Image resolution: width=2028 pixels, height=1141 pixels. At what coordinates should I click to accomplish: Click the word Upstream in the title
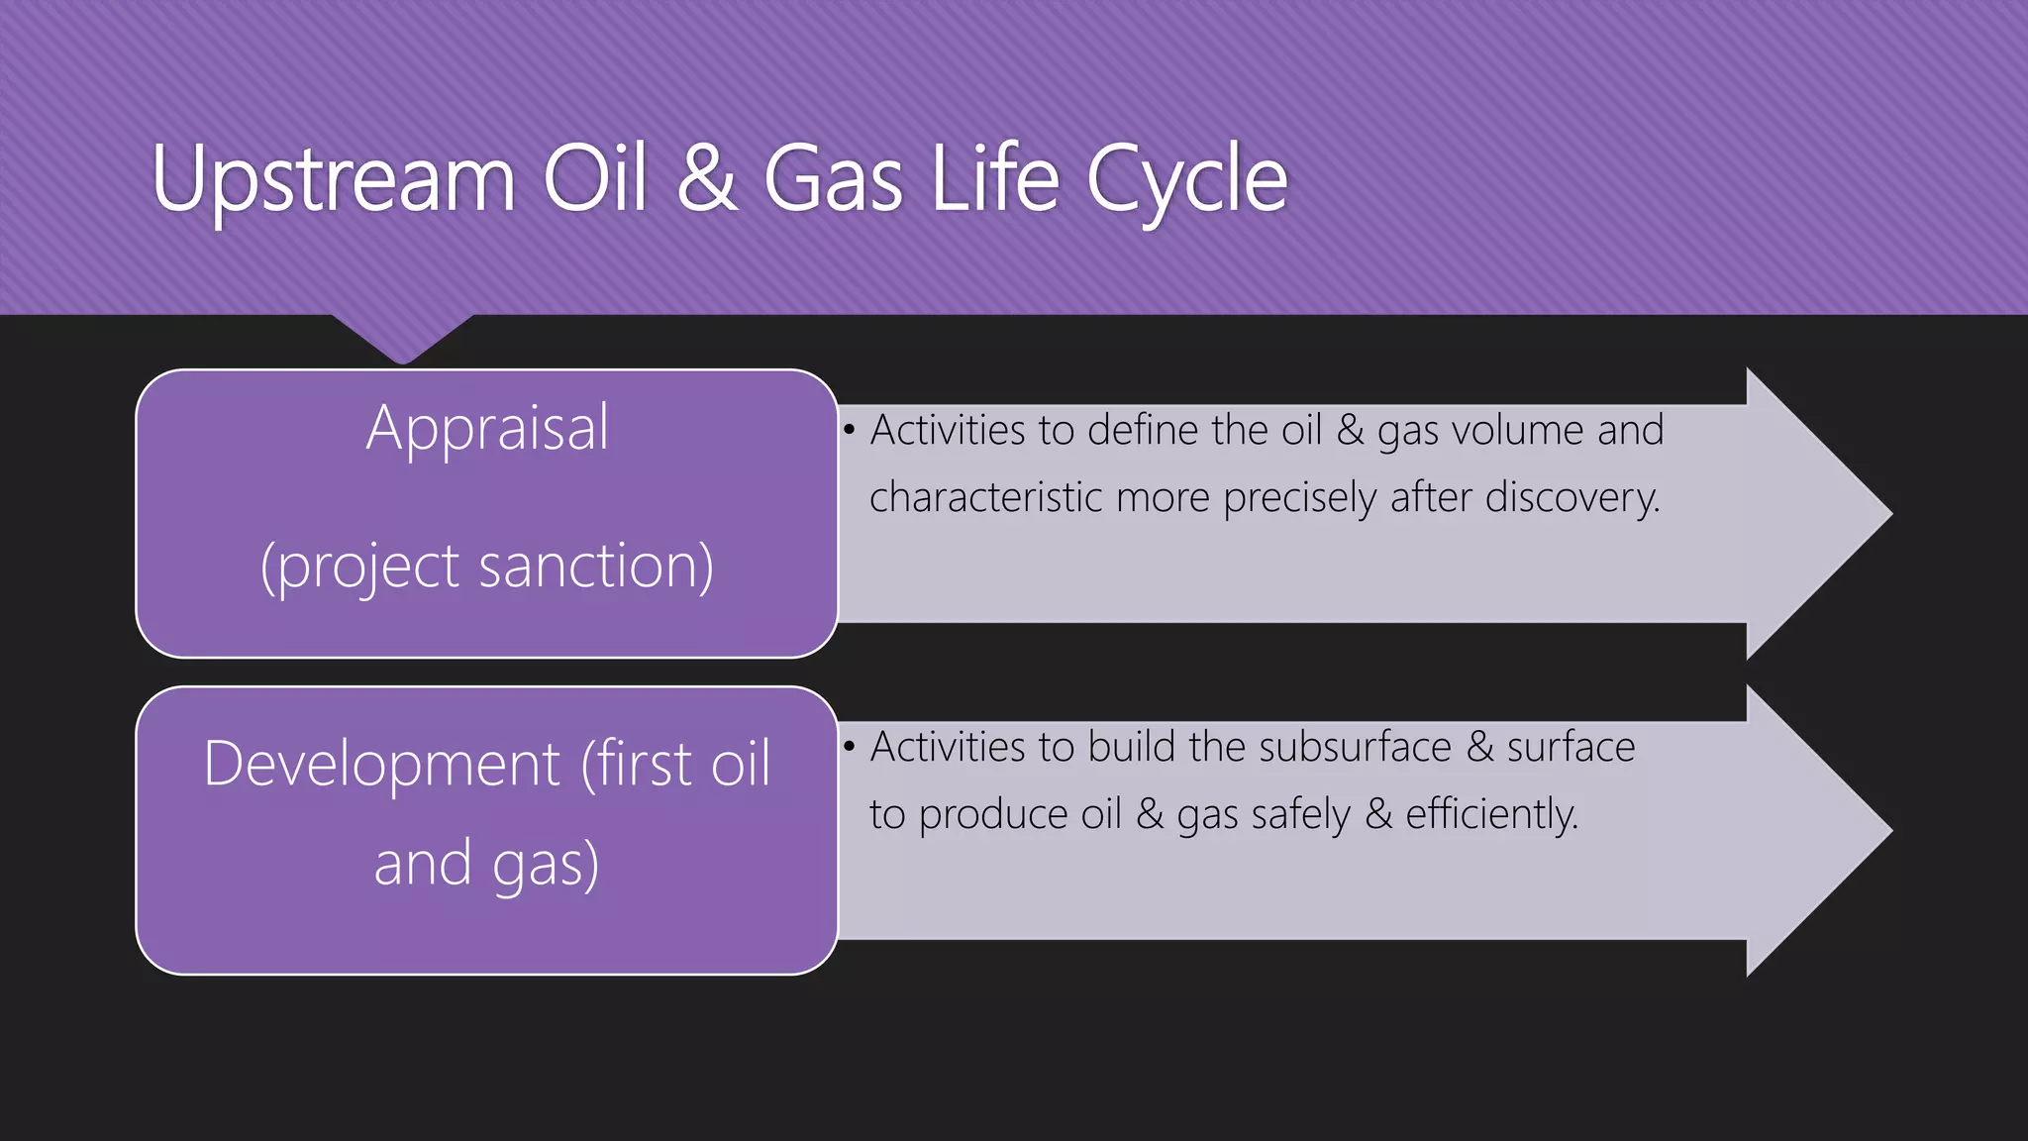pos(334,181)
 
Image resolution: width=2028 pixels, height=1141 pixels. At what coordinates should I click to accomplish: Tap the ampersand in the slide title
pos(707,179)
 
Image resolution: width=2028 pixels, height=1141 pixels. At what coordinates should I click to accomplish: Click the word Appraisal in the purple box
pos(487,429)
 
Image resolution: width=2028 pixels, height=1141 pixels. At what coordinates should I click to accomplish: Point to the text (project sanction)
pos(486,568)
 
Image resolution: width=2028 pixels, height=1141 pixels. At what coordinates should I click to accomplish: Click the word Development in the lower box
pos(382,765)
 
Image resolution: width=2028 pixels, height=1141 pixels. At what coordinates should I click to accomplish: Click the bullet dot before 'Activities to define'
pos(849,432)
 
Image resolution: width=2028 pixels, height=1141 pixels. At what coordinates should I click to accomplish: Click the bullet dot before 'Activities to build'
pos(849,748)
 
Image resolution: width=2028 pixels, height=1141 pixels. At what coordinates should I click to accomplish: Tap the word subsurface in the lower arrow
pos(1353,748)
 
